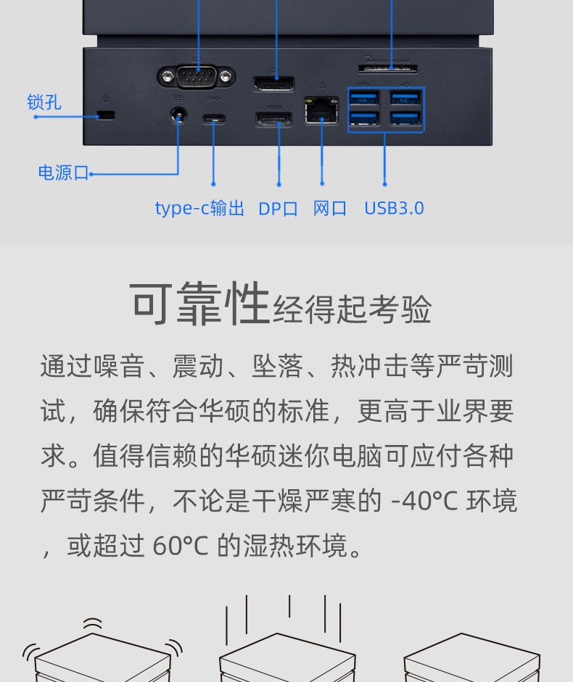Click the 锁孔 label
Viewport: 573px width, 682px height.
(x=44, y=102)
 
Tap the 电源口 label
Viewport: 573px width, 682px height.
(x=64, y=172)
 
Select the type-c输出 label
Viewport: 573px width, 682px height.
(x=199, y=208)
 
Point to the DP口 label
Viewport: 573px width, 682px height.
(x=279, y=209)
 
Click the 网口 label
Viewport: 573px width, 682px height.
(x=330, y=208)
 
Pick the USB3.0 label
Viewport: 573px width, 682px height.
(x=394, y=208)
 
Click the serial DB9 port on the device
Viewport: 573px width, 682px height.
(x=197, y=78)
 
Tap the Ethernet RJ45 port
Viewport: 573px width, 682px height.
(x=322, y=111)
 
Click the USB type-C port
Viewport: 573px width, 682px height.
(x=213, y=118)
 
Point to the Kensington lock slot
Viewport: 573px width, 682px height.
(x=106, y=115)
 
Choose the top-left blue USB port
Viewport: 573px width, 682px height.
(x=364, y=97)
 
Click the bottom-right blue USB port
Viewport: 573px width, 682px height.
(x=405, y=118)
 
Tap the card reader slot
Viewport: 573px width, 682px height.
(x=387, y=69)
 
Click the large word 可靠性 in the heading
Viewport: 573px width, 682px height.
(x=199, y=303)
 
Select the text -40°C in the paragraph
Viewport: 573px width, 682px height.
(x=424, y=501)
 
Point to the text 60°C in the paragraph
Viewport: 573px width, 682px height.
(x=181, y=546)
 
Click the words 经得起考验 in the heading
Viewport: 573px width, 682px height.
(x=352, y=309)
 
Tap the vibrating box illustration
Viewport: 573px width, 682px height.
(x=103, y=650)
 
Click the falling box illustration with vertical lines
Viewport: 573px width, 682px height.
(x=287, y=639)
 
